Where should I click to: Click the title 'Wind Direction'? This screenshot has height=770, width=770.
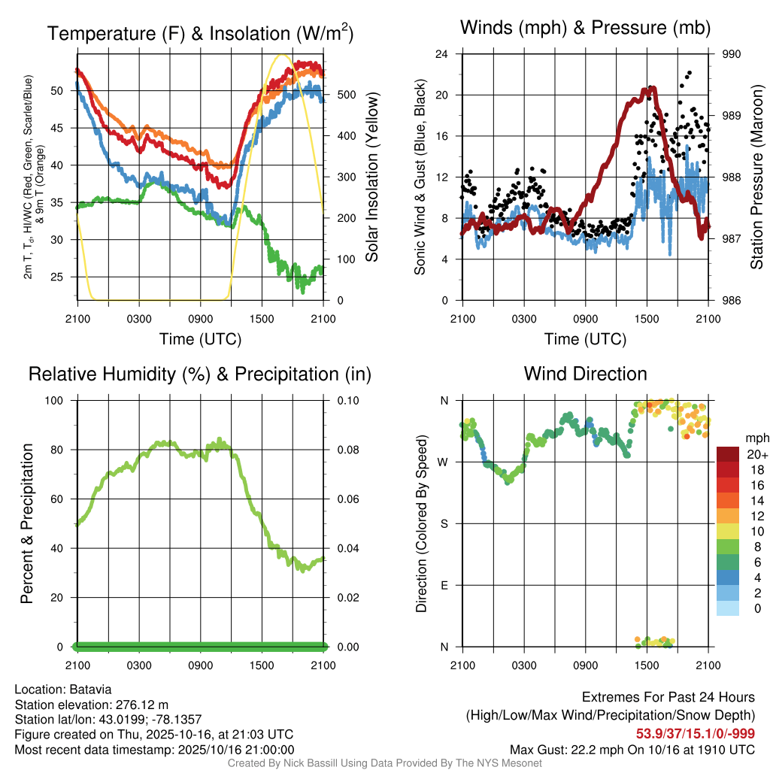pyautogui.click(x=585, y=374)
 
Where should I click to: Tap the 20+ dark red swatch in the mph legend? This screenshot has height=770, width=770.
pyautogui.click(x=728, y=455)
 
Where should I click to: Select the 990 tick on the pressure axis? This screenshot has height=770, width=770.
pyautogui.click(x=732, y=54)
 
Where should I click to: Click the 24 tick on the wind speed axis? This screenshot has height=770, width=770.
pyautogui.click(x=443, y=54)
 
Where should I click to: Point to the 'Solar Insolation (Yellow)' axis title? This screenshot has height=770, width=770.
pyautogui.click(x=371, y=177)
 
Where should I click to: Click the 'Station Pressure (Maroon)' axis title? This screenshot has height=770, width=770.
pyautogui.click(x=757, y=177)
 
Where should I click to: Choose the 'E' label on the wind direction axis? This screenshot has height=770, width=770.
pyautogui.click(x=444, y=585)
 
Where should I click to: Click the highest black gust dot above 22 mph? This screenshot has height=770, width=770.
pyautogui.click(x=689, y=73)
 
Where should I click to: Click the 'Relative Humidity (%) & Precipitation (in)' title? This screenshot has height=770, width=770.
pyautogui.click(x=199, y=374)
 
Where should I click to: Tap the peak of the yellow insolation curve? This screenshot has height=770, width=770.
pyautogui.click(x=283, y=55)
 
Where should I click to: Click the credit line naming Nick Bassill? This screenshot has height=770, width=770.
pyautogui.click(x=385, y=763)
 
